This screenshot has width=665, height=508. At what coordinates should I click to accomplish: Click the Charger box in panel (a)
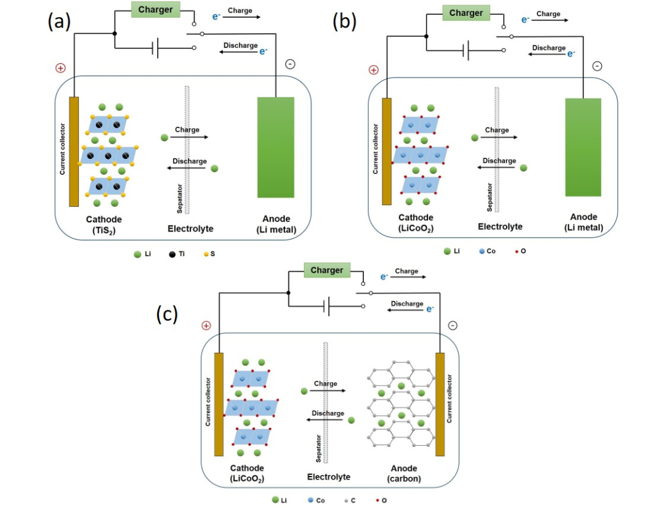156,10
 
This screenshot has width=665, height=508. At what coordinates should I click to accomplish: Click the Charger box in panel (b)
466,13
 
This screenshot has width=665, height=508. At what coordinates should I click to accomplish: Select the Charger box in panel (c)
326,270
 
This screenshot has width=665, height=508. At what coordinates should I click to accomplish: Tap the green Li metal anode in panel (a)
275,148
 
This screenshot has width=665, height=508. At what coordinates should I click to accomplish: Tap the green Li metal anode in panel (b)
583,148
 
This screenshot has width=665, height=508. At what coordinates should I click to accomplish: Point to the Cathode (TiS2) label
103,224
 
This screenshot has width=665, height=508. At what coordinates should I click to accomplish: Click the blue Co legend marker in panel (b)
482,251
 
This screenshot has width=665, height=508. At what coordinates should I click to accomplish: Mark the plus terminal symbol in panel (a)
60,68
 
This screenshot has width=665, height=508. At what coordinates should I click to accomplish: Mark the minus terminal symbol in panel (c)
453,325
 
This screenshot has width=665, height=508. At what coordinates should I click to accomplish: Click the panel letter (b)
344,22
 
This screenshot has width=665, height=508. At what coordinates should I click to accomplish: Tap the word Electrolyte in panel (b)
500,227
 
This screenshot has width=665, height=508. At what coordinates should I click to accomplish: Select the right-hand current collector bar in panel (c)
440,404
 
